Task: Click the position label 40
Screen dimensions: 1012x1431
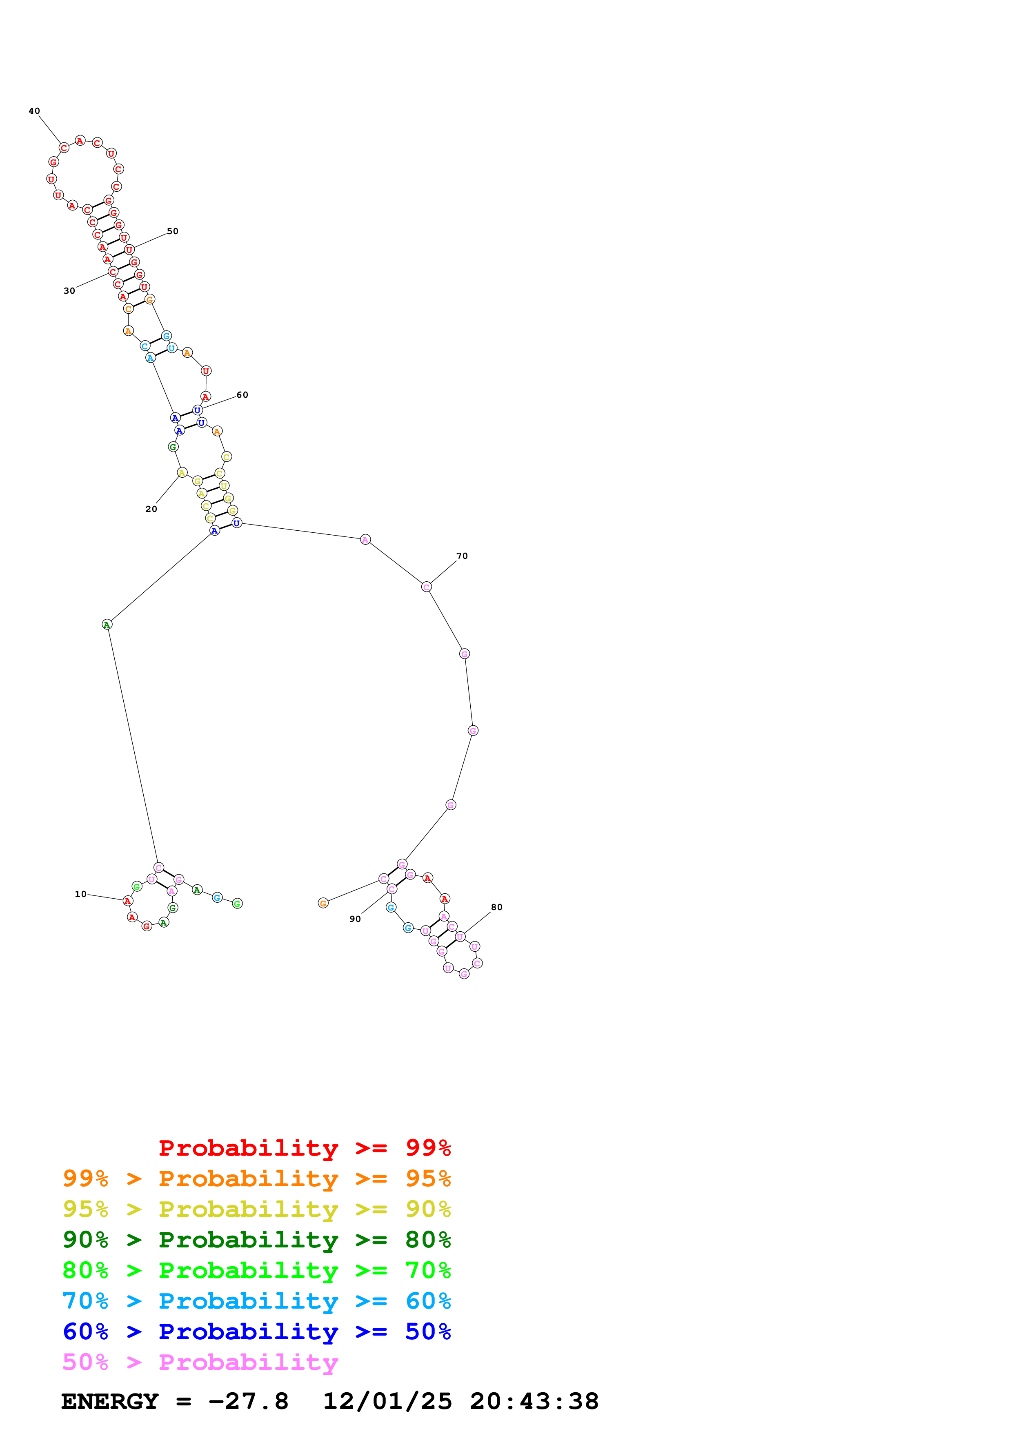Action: (34, 111)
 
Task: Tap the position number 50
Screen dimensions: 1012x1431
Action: (173, 231)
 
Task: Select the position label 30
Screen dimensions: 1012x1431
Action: (69, 290)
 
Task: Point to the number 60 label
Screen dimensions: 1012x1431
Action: (242, 394)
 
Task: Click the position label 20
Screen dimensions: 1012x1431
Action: (151, 509)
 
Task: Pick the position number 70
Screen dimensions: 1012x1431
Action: (462, 556)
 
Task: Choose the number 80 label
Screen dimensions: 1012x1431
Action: (497, 907)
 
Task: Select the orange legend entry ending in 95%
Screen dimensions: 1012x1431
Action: (257, 1178)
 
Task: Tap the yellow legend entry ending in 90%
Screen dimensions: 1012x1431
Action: (257, 1209)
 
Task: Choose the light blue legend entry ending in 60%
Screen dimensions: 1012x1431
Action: (257, 1301)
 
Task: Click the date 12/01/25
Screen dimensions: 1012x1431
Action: (387, 1401)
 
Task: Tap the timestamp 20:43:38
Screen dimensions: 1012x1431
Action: (534, 1401)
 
